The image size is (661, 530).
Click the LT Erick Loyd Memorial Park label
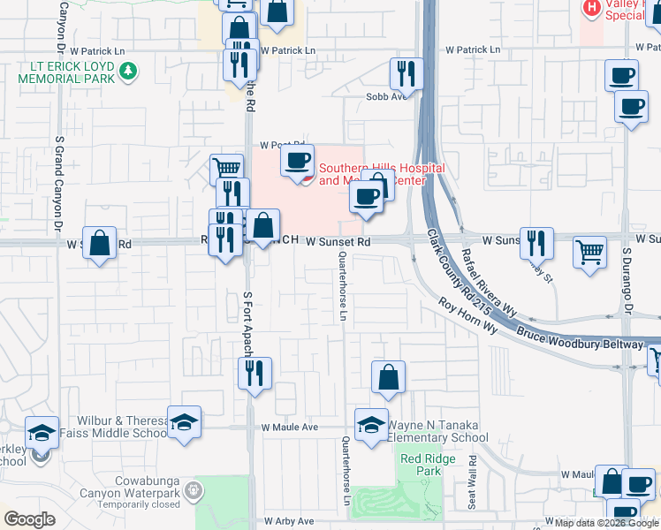(66, 71)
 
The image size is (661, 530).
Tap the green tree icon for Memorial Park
(129, 71)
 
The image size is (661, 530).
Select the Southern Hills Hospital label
(381, 174)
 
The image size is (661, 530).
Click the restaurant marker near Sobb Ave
(406, 73)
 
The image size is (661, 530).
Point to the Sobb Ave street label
(386, 96)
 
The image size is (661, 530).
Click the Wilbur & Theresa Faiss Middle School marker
(185, 422)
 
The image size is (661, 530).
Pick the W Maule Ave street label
(290, 427)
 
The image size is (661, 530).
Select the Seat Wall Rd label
(473, 481)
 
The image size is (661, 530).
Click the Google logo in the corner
(29, 519)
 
